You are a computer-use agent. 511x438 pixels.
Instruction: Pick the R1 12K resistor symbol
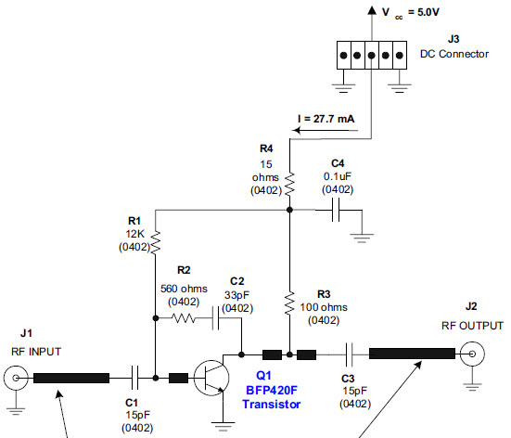pyautogui.click(x=155, y=242)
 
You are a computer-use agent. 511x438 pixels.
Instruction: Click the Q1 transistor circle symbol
pyautogui.click(x=215, y=377)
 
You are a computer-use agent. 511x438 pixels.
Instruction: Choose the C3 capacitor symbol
pyautogui.click(x=350, y=354)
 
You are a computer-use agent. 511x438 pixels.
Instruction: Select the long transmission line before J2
pyautogui.click(x=413, y=354)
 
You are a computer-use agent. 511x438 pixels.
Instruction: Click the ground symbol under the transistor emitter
pyautogui.click(x=224, y=426)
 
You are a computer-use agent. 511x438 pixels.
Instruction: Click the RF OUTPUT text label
pyautogui.click(x=472, y=326)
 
